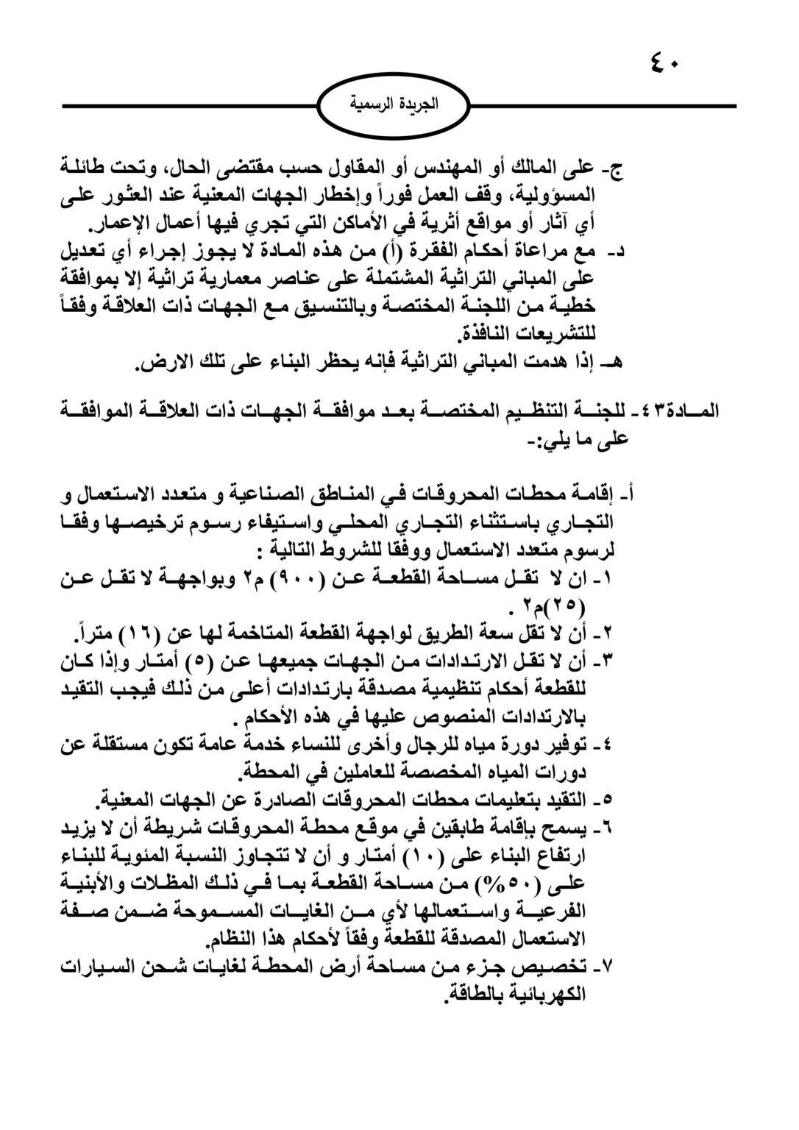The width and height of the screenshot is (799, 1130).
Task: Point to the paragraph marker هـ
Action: click(618, 363)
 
